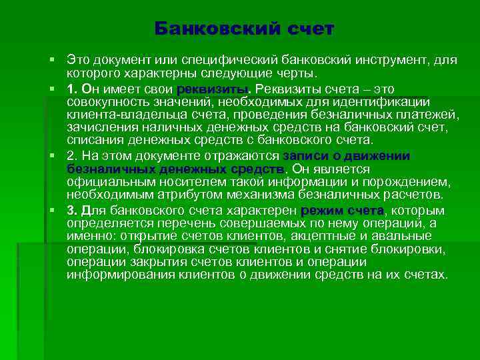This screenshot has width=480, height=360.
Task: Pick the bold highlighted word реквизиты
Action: pyautogui.click(x=212, y=89)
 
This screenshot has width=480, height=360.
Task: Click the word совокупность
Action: pyautogui.click(x=105, y=101)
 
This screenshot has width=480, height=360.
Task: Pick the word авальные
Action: pyautogui.click(x=406, y=237)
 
